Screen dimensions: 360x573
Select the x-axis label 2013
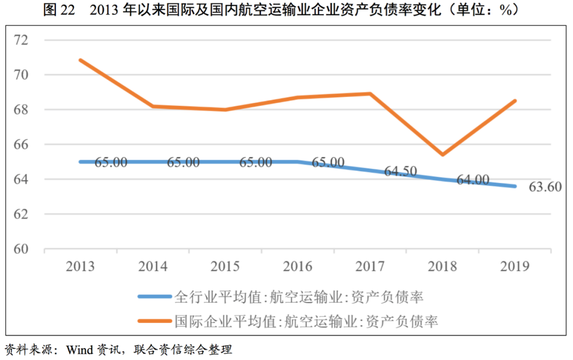tap(81, 266)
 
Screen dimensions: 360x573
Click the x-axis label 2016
tap(298, 266)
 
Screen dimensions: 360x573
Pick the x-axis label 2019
tap(514, 266)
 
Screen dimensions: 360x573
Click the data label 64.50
tap(401, 171)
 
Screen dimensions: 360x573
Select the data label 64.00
tap(473, 180)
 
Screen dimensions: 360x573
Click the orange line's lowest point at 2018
tap(442, 155)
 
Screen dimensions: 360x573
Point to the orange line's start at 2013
tap(80, 60)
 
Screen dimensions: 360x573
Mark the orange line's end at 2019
tap(515, 101)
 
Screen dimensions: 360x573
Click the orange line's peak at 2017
tap(370, 94)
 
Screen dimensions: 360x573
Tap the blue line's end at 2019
tap(515, 186)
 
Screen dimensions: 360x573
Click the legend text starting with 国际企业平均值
tap(307, 321)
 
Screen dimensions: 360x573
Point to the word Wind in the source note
tap(79, 350)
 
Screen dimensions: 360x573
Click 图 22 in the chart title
tap(59, 10)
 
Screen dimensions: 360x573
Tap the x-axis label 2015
tap(225, 266)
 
